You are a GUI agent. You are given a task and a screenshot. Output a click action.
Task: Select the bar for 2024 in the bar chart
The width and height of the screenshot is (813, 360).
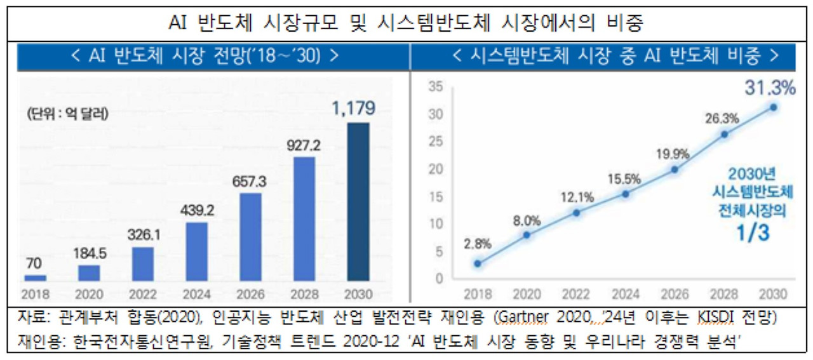click(x=197, y=251)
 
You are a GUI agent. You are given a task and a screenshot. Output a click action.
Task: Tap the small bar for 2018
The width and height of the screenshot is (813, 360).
click(x=36, y=277)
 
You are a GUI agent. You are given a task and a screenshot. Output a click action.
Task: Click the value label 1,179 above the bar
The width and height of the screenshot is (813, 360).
click(x=353, y=109)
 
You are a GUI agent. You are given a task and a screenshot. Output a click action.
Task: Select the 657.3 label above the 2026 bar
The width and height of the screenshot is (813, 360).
click(x=251, y=182)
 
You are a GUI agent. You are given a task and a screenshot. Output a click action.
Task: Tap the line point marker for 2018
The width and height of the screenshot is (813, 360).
click(x=478, y=263)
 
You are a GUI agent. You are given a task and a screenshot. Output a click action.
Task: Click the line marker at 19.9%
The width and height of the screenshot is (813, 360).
click(x=675, y=169)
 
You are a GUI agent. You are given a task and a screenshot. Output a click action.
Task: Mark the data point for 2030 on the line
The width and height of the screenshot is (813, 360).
click(x=773, y=107)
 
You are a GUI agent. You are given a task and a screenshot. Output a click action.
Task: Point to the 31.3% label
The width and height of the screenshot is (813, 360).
click(x=771, y=88)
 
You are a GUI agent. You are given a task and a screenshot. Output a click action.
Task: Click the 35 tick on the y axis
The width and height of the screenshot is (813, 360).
click(x=436, y=87)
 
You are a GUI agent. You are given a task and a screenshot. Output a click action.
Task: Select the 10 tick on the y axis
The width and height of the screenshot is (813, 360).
click(x=436, y=223)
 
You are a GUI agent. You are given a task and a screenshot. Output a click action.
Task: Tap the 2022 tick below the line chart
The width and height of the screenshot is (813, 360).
click(x=576, y=295)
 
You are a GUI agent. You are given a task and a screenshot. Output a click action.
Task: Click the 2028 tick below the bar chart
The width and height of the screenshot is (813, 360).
click(x=305, y=295)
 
